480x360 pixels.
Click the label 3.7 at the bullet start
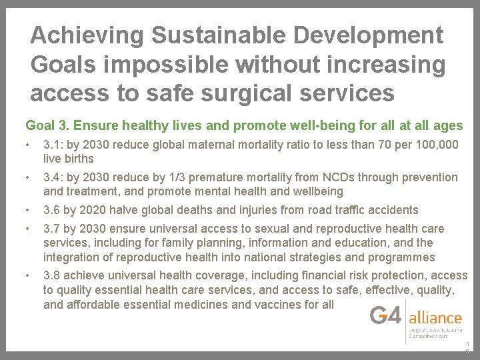52,229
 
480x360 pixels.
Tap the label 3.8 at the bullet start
52,275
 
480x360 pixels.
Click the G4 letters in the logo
386,314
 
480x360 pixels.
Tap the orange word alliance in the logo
435,317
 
